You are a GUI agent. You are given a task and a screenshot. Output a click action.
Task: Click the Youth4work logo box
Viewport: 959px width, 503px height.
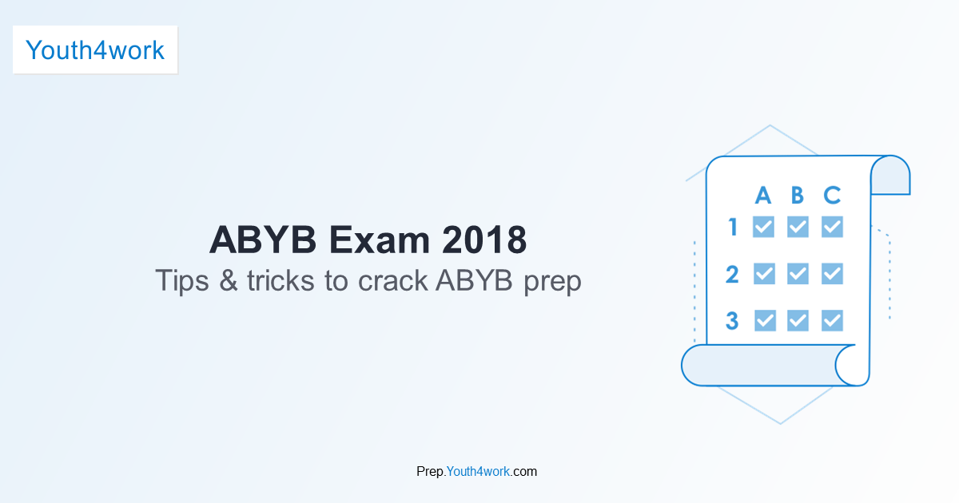click(95, 50)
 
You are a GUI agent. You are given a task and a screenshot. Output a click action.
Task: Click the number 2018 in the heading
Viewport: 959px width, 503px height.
click(484, 240)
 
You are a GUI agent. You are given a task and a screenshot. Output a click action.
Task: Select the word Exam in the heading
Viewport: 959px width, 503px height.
click(380, 240)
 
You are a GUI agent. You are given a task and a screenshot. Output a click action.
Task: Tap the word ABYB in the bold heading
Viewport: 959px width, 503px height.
click(263, 240)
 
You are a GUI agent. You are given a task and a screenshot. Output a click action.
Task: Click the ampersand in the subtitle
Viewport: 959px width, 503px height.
click(229, 280)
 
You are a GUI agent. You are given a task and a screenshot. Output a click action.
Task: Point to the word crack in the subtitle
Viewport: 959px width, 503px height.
click(392, 280)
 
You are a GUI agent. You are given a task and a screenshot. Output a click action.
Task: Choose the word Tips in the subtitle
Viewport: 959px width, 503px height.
click(182, 281)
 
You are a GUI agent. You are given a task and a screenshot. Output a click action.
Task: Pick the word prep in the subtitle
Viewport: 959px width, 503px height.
click(553, 283)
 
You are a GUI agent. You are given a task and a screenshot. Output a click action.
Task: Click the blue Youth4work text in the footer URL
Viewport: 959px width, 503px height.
click(478, 471)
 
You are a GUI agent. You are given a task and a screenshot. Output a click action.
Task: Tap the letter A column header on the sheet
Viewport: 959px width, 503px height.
click(763, 196)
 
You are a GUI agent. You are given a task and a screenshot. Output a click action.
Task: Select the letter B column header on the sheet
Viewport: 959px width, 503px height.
click(798, 196)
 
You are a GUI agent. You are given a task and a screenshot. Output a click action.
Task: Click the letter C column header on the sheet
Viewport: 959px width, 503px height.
click(832, 196)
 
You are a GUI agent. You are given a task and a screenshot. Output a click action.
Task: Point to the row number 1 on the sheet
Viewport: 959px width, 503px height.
click(733, 227)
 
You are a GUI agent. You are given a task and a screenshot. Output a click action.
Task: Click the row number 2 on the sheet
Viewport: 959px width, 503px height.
click(732, 274)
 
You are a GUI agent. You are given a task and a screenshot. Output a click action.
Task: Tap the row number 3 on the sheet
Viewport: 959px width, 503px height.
click(732, 321)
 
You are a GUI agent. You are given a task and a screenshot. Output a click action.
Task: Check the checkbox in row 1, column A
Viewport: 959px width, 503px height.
click(764, 227)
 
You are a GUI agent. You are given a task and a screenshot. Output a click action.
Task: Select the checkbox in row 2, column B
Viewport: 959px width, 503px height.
click(798, 274)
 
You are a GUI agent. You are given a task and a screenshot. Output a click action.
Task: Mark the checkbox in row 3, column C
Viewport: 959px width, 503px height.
click(832, 321)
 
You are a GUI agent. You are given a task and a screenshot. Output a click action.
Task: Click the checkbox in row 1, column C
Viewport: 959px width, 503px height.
click(832, 227)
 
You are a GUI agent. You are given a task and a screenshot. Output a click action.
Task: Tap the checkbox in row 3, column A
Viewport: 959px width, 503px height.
click(765, 321)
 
